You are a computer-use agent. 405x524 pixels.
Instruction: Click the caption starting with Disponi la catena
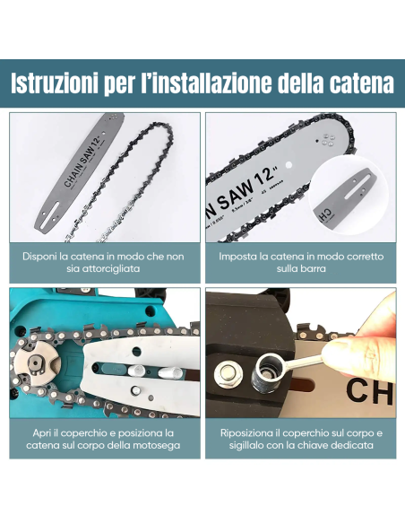(104, 262)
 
